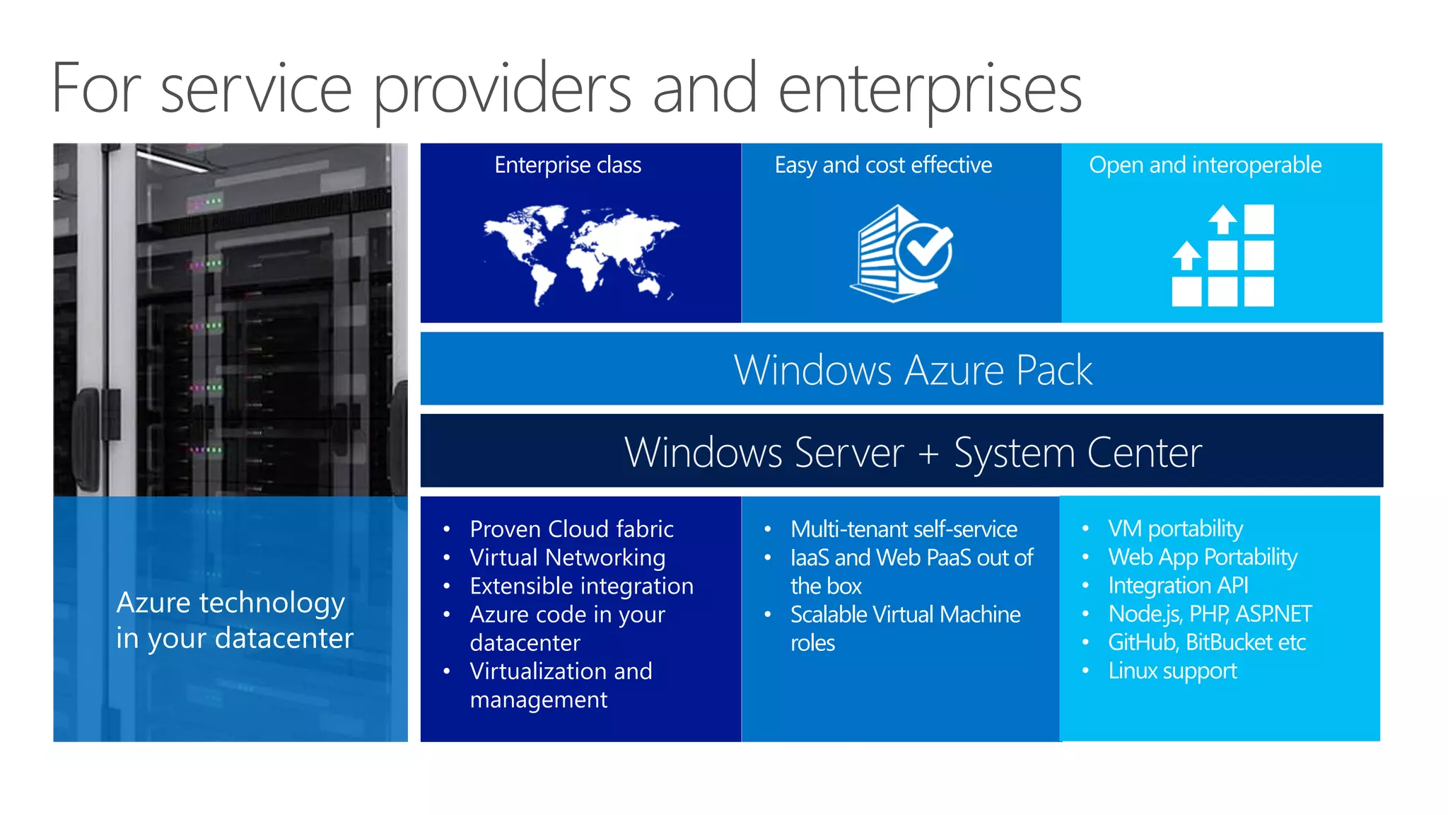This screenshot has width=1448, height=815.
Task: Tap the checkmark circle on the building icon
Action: (925, 250)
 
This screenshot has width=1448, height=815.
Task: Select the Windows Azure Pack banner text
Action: (913, 369)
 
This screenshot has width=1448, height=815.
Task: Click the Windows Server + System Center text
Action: (913, 452)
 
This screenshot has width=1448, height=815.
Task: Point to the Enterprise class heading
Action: (568, 165)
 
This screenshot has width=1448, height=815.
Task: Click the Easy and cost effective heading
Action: (883, 165)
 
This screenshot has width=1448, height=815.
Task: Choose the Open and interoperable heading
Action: (1205, 165)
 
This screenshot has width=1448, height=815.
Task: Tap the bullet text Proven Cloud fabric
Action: (571, 529)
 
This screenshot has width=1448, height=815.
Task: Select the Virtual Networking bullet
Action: (567, 557)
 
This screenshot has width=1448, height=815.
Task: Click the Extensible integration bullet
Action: (581, 586)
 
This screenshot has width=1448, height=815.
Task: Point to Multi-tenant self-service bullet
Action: (904, 529)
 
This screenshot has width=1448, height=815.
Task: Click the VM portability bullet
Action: (1175, 528)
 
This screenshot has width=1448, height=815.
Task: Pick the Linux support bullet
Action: (1172, 671)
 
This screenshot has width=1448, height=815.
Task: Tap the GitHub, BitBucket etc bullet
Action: (1206, 642)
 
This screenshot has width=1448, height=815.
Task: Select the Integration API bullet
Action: (1178, 586)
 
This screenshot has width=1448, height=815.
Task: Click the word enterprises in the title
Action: (930, 89)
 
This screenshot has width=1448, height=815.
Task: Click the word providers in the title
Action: (502, 89)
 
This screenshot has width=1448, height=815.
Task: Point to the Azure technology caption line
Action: (230, 603)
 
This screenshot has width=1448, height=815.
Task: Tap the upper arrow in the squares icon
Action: (1222, 219)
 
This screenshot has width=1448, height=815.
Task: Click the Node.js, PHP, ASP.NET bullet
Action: (1210, 614)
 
